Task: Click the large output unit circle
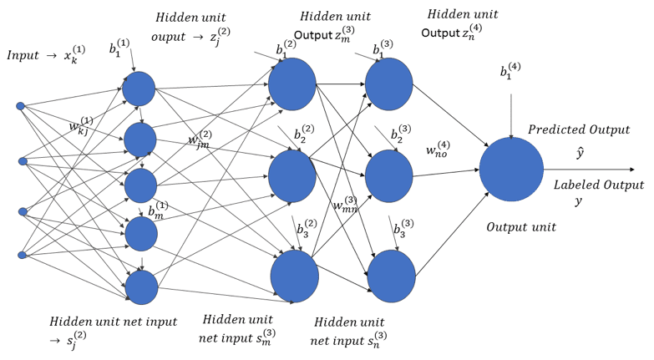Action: (510, 170)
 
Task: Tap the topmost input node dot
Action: (22, 106)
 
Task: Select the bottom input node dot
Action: (22, 255)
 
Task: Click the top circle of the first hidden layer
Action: (139, 89)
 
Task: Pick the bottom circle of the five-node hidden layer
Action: (141, 286)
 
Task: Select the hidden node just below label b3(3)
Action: (391, 275)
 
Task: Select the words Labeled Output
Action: (599, 185)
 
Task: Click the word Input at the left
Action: (23, 55)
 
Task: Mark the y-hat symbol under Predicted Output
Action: (578, 153)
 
